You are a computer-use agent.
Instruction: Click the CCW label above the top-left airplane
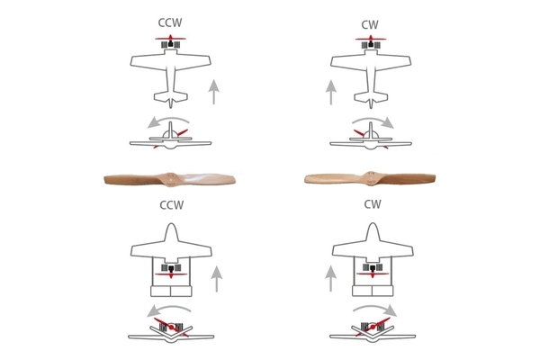[170, 22]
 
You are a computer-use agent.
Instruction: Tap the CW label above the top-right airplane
[370, 25]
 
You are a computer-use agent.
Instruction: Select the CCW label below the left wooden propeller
[172, 205]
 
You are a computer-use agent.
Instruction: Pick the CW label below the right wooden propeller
[373, 204]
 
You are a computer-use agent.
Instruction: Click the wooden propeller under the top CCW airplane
[170, 179]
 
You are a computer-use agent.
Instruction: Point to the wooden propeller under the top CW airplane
[370, 179]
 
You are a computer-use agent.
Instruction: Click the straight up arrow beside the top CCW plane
[214, 92]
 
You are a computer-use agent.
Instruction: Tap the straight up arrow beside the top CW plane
[331, 92]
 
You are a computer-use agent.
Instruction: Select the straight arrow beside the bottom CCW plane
[217, 279]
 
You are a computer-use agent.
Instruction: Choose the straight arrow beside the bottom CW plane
[331, 279]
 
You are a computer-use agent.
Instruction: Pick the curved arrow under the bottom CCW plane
[168, 307]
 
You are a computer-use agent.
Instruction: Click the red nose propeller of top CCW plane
[170, 38]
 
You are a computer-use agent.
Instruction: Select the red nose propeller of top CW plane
[371, 38]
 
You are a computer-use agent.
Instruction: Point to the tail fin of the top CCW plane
[170, 103]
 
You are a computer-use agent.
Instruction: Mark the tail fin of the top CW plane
[371, 103]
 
